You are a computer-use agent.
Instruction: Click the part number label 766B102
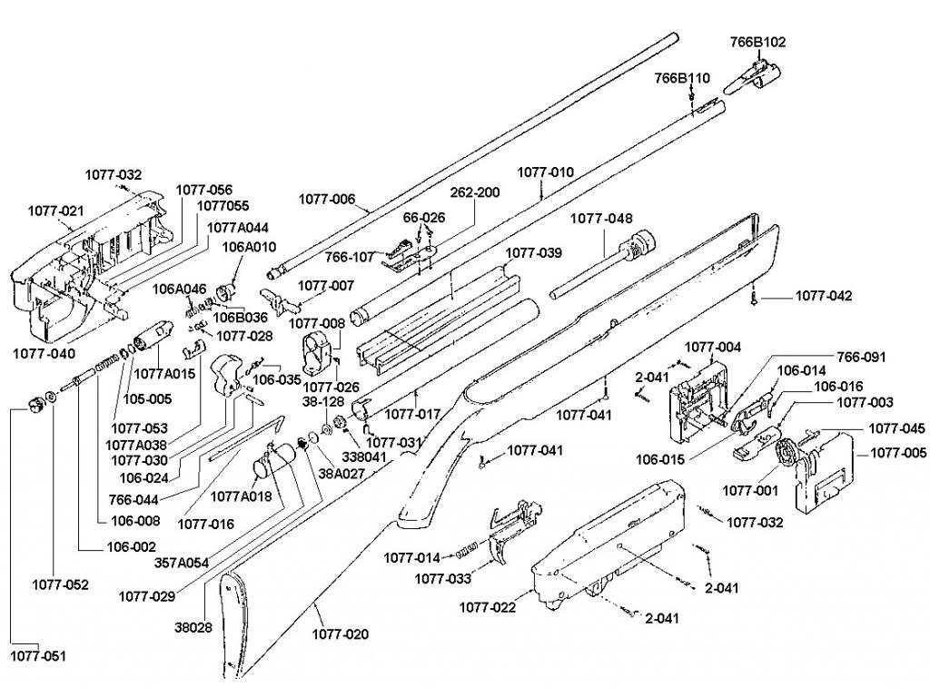[x=758, y=42]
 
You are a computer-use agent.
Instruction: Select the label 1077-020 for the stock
[x=341, y=634]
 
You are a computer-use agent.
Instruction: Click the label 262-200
[x=475, y=192]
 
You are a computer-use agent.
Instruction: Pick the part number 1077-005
[x=899, y=452]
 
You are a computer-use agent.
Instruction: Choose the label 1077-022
[x=487, y=607]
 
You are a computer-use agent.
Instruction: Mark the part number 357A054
[x=182, y=563]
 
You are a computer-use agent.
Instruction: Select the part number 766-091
[x=861, y=357]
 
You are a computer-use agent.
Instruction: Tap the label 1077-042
[x=824, y=296]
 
